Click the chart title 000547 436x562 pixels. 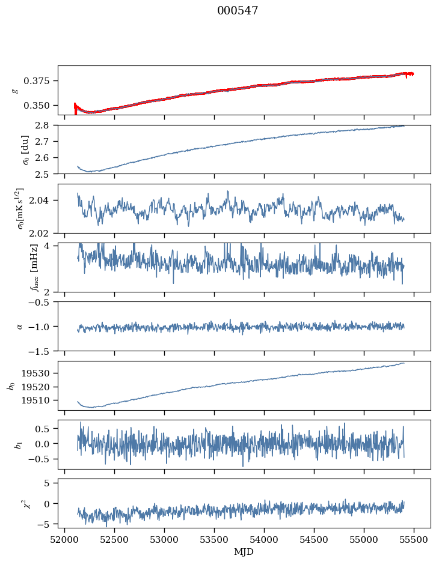point(238,11)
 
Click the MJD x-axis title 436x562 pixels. point(244,552)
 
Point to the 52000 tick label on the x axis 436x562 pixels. point(64,540)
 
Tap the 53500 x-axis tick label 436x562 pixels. point(215,540)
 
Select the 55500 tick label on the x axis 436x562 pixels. point(414,540)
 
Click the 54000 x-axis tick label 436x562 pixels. point(265,540)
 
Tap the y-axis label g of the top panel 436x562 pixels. point(15,90)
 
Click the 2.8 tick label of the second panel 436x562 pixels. point(41,125)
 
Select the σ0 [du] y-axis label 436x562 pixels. point(25,150)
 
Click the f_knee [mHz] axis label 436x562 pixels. point(34,267)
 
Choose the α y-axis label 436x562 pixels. point(19,327)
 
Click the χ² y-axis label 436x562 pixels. point(27,504)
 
